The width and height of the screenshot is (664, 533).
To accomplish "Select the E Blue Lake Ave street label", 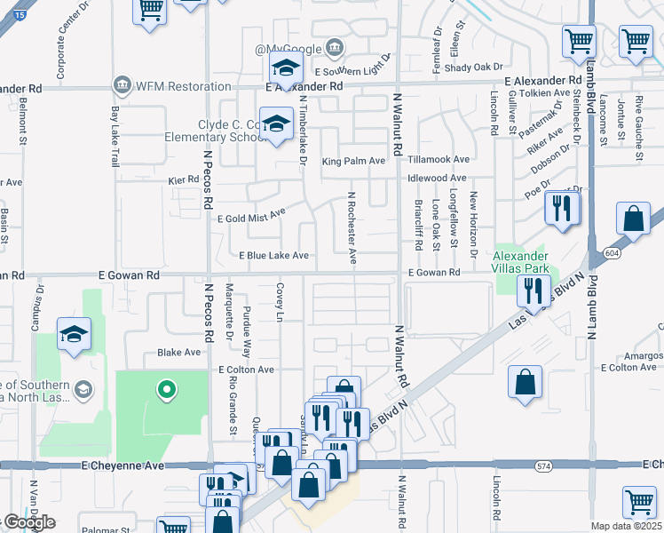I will pos(273,256).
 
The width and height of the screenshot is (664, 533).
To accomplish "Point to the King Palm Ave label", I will pos(353,161).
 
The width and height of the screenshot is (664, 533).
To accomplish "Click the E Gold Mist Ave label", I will pos(251,215).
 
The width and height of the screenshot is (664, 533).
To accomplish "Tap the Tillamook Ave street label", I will pos(439,160).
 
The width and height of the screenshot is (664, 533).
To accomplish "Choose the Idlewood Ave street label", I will pos(439,178).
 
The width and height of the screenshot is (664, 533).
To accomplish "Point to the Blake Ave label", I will pos(179,353).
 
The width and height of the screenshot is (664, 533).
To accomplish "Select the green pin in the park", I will pos(164,389).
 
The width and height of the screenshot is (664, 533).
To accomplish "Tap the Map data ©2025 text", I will pos(627,526).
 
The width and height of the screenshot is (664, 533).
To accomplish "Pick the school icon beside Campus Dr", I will pos(75,333).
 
